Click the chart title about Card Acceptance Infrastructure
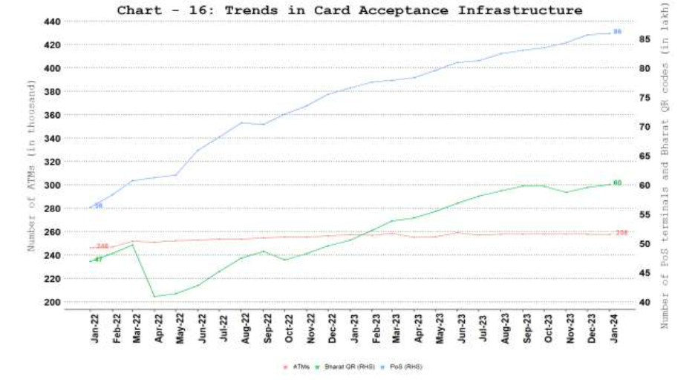tap(349, 10)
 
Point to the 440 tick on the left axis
tap(52, 22)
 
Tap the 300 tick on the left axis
tap(52, 185)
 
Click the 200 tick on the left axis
tap(52, 302)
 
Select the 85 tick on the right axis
tap(645, 39)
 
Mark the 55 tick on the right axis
tap(645, 214)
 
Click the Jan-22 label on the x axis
tap(96, 327)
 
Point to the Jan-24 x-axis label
tap(613, 327)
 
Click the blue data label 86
tap(617, 32)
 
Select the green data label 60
tap(617, 182)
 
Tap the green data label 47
tap(98, 260)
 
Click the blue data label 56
tap(98, 205)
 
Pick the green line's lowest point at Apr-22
tap(154, 297)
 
